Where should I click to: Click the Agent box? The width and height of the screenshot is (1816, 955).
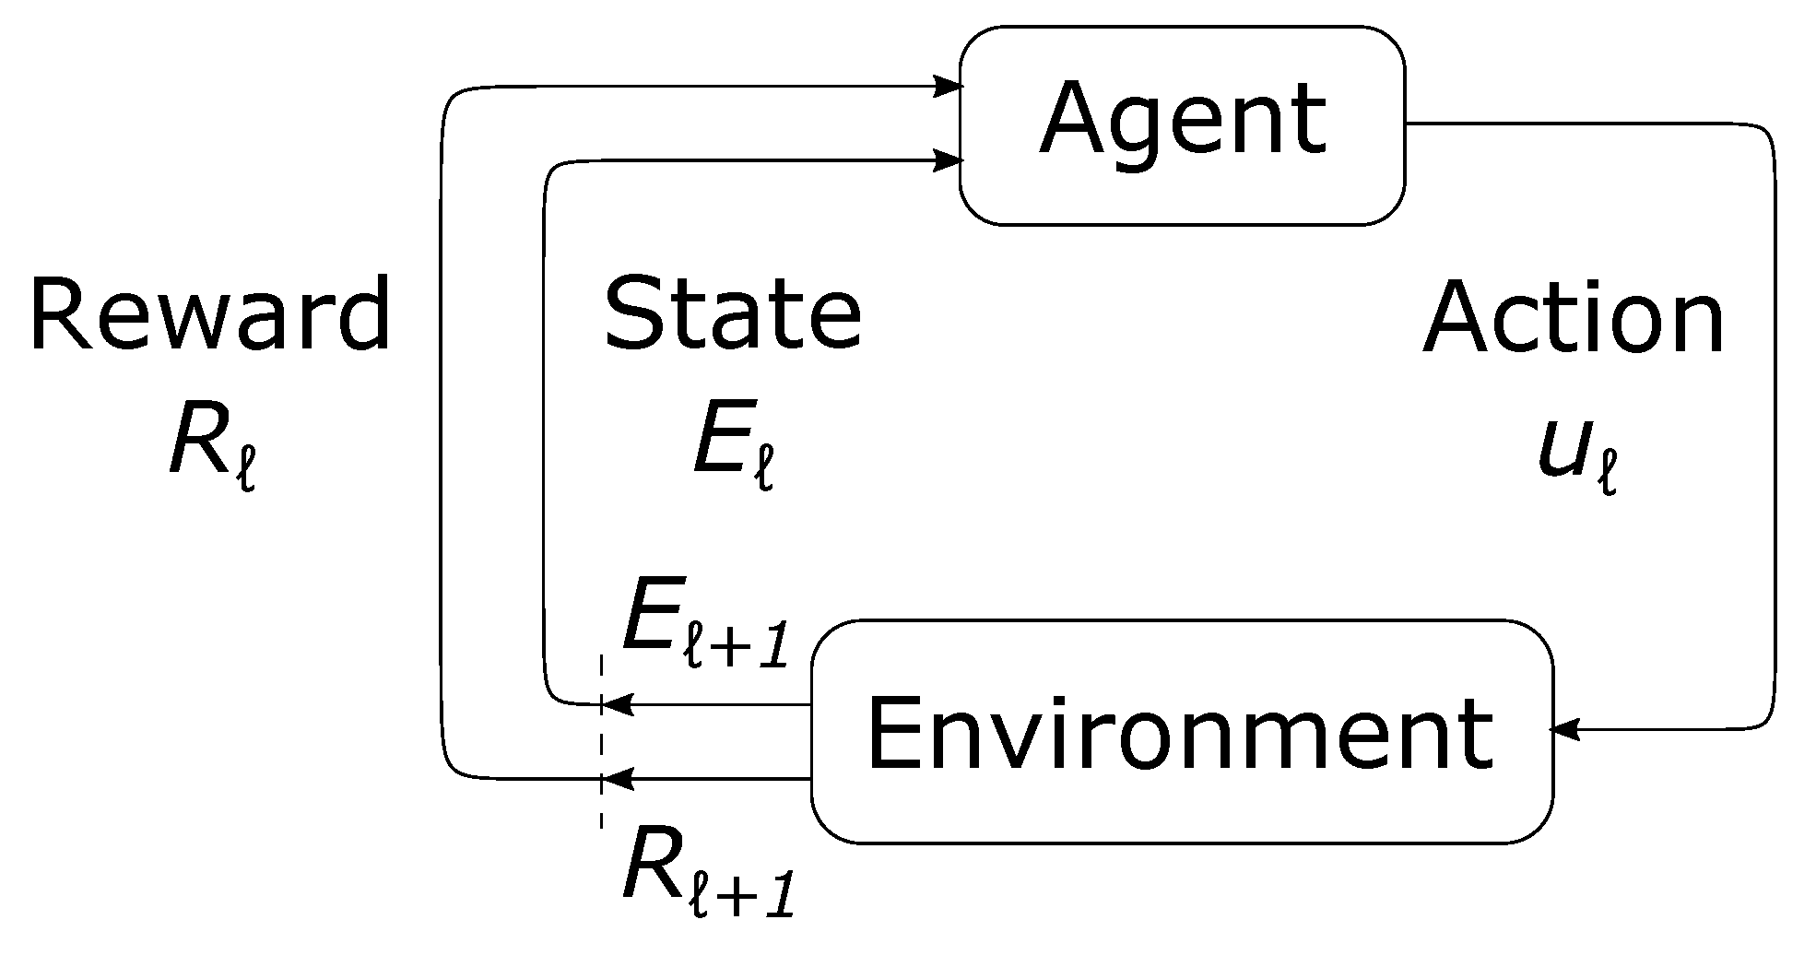tap(1182, 124)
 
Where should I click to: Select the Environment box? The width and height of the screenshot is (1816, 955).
tap(1182, 731)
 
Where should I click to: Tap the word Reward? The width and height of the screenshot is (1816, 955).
tap(210, 316)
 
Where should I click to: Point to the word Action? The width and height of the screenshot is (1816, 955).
tap(1574, 318)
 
